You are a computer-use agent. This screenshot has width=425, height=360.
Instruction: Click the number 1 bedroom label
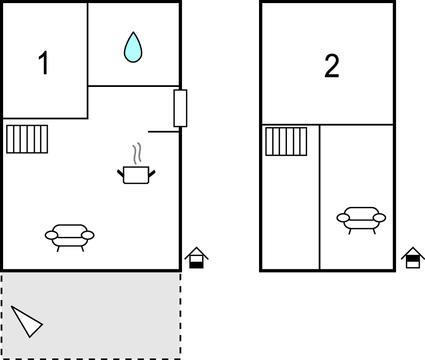pyautogui.click(x=44, y=63)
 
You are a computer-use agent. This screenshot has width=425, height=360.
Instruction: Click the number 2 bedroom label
pyautogui.click(x=332, y=66)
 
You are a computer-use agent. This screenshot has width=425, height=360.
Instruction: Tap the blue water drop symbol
pyautogui.click(x=133, y=47)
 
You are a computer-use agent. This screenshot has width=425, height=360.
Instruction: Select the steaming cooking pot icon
pyautogui.click(x=136, y=164)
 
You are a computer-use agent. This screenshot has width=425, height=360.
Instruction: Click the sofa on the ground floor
pyautogui.click(x=70, y=237)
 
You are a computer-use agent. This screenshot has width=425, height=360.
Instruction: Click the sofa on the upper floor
pyautogui.click(x=361, y=220)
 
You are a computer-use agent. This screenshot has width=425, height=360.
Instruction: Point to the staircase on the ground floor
pyautogui.click(x=27, y=139)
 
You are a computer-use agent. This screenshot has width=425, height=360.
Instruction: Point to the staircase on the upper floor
pyautogui.click(x=286, y=141)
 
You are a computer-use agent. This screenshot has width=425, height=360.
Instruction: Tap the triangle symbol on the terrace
pyautogui.click(x=27, y=321)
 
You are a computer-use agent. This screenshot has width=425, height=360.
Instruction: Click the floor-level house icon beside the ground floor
pyautogui.click(x=196, y=258)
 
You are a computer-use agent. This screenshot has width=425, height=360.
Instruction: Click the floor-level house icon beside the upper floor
pyautogui.click(x=413, y=258)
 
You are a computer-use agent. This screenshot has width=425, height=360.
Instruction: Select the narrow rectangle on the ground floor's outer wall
pyautogui.click(x=180, y=108)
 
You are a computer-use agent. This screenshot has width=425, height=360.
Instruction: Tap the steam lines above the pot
pyautogui.click(x=137, y=154)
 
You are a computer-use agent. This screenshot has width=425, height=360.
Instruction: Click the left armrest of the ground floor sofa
pyautogui.click(x=51, y=235)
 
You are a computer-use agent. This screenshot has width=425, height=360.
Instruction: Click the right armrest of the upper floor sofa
pyautogui.click(x=380, y=218)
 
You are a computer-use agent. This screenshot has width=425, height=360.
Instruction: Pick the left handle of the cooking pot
pyautogui.click(x=120, y=173)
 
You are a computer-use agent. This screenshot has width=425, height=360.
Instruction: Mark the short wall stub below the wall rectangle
pyautogui.click(x=164, y=132)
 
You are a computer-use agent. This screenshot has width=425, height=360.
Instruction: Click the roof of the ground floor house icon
pyautogui.click(x=196, y=253)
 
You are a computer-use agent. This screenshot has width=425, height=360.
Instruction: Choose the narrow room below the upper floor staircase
pyautogui.click(x=290, y=212)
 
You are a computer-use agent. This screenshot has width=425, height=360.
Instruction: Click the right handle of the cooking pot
pyautogui.click(x=152, y=173)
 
